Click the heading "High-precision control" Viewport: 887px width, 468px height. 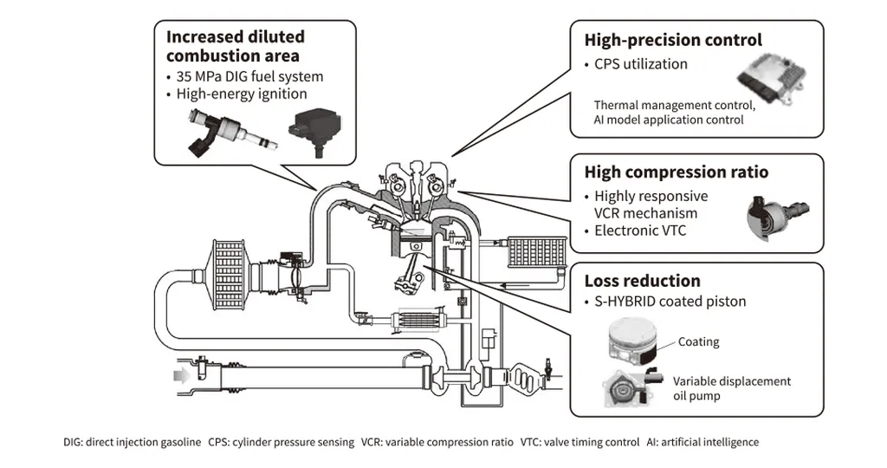(x=673, y=40)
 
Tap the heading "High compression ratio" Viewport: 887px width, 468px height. (x=676, y=172)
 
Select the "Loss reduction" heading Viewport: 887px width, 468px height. (x=642, y=281)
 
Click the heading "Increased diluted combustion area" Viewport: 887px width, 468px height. (x=235, y=46)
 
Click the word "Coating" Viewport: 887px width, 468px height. (x=698, y=341)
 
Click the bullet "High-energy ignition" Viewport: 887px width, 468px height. (x=242, y=94)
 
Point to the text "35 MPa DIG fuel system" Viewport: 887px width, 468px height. (x=249, y=75)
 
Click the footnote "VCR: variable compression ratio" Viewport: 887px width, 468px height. (x=437, y=442)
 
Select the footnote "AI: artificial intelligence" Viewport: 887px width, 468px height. (x=702, y=442)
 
